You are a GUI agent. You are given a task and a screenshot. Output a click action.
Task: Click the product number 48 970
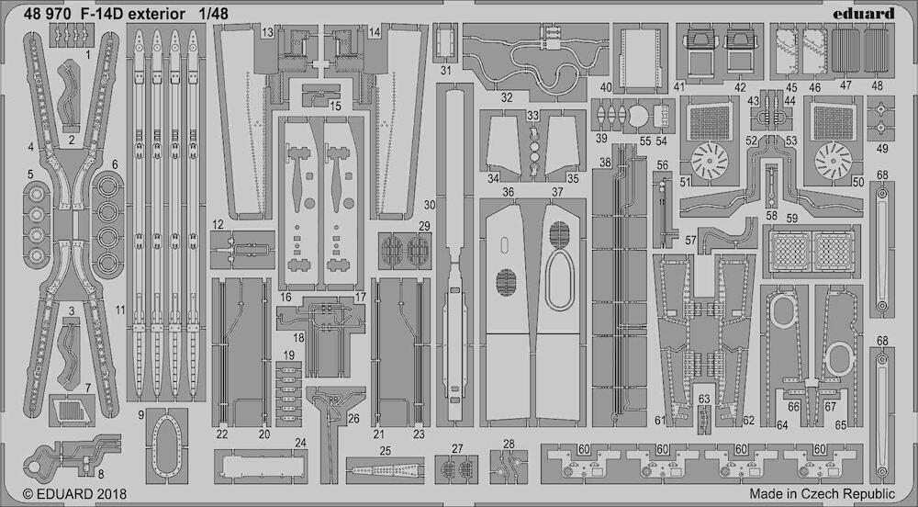(x=50, y=14)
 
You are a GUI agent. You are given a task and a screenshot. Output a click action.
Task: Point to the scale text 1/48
(x=212, y=14)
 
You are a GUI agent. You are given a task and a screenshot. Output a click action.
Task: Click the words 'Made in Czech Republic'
(x=822, y=493)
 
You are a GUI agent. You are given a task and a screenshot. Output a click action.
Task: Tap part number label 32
(x=507, y=97)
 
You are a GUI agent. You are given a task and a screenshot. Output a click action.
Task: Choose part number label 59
(x=791, y=219)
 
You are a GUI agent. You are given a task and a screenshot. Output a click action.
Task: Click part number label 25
(x=385, y=451)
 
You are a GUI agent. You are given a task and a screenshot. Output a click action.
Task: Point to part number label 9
(x=141, y=415)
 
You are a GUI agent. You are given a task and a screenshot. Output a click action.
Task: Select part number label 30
(x=430, y=205)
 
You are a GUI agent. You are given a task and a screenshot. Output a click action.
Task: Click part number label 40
(x=606, y=87)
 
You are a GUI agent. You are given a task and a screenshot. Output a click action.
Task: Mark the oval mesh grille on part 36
(x=506, y=282)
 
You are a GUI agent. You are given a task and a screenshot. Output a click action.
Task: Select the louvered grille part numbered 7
(x=72, y=411)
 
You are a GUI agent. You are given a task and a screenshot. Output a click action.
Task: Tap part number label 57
(x=690, y=240)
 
